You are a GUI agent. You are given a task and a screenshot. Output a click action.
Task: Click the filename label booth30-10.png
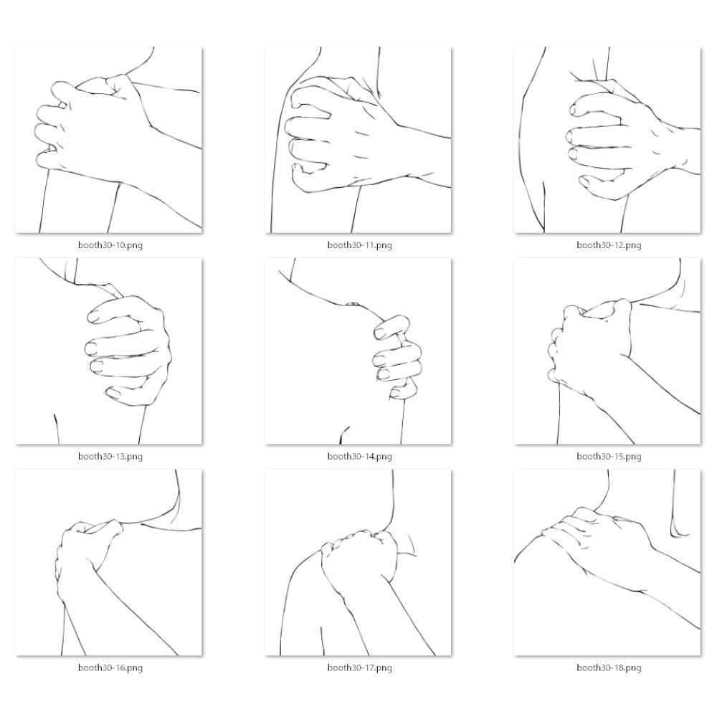110,245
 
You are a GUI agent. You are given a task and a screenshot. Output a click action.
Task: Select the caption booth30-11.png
359,245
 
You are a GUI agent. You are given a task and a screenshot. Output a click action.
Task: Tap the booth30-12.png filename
609,245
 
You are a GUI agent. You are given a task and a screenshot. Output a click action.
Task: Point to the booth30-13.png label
110,456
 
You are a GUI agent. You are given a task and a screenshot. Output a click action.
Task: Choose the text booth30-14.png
359,456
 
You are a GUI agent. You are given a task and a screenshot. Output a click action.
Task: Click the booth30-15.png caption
609,456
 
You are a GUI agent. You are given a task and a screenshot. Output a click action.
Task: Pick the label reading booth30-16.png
110,668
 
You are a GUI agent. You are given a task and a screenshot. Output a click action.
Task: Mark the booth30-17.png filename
359,668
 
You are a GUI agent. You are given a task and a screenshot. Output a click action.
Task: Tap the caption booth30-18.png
609,668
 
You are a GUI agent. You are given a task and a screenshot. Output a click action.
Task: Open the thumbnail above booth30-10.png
109,140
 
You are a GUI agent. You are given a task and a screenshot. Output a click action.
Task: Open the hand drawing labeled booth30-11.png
358,140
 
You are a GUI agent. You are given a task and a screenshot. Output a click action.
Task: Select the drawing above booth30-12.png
607,140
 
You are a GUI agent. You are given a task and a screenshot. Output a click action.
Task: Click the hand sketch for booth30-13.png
109,351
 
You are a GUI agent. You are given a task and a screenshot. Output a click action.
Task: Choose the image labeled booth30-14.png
358,351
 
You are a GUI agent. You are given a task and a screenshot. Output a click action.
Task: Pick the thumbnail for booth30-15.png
607,351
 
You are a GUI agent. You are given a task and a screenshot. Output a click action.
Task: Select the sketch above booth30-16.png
109,562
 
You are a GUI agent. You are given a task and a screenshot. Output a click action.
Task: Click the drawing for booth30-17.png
358,562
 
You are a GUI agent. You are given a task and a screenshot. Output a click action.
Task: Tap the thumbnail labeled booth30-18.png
607,562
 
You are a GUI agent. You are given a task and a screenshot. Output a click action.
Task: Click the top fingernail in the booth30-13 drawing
93,316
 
